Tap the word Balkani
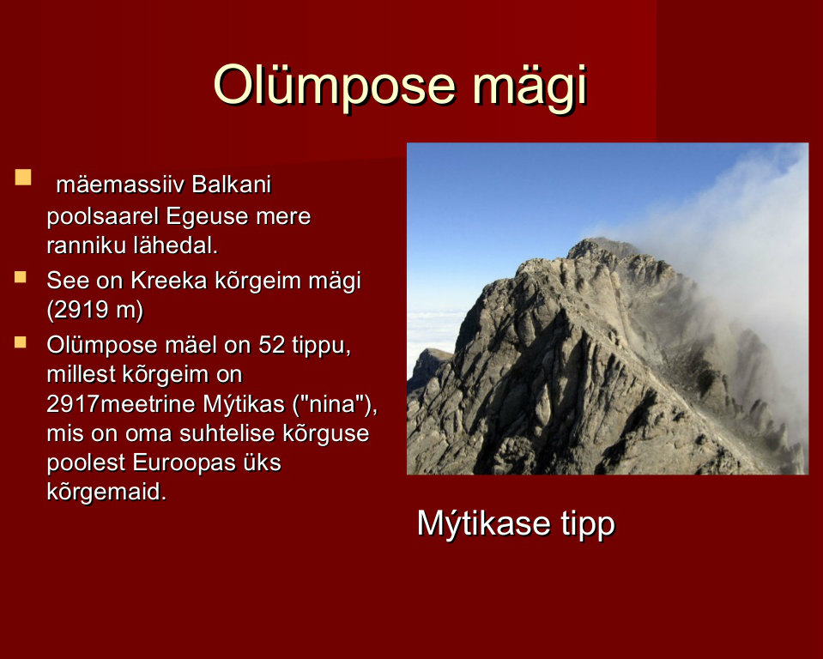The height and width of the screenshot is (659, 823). tap(232, 184)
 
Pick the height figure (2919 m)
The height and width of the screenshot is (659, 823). tap(95, 311)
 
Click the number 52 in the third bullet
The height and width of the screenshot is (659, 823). tap(272, 345)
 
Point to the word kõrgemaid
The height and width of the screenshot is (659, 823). tap(106, 493)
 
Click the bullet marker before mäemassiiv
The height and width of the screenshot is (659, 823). tap(23, 178)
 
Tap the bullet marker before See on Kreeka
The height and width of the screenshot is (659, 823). tap(21, 277)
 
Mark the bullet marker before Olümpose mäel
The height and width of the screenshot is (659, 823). tap(21, 342)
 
